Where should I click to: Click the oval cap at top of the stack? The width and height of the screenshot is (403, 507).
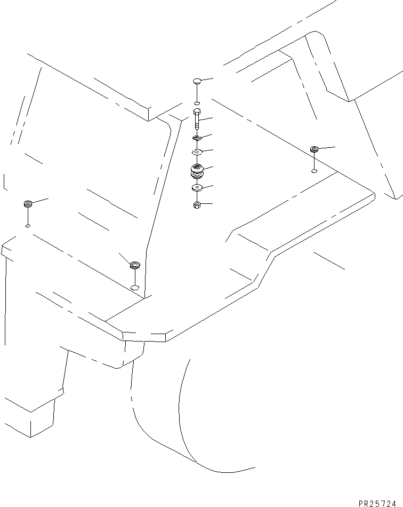click(x=197, y=82)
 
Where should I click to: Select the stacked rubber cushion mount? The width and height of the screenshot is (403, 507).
click(x=197, y=172)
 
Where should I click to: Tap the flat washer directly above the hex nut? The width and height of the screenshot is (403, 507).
click(x=197, y=188)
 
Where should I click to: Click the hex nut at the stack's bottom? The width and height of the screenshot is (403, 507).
click(x=197, y=204)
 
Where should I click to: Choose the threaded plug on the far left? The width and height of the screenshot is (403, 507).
click(x=28, y=203)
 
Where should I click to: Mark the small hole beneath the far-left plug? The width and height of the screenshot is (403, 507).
click(x=28, y=226)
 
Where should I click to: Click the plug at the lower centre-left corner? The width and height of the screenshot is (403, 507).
click(x=135, y=265)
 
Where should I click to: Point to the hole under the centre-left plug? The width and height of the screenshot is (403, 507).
click(x=135, y=288)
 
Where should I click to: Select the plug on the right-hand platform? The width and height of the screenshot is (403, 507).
click(x=314, y=149)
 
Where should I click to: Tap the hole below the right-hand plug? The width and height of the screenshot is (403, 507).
click(x=314, y=171)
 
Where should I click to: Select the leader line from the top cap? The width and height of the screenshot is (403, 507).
click(x=207, y=80)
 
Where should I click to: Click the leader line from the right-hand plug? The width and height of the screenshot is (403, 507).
click(x=327, y=147)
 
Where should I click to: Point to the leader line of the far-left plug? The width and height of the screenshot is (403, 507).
click(x=41, y=200)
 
